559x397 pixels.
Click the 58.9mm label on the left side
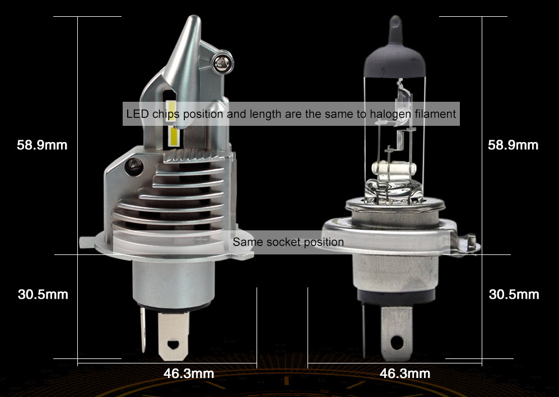42,145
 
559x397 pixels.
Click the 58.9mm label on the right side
513,145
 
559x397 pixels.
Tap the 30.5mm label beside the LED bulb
43,295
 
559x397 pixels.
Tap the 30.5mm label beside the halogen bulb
514,295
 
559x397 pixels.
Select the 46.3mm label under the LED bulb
189,374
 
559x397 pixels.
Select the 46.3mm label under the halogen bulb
404,374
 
